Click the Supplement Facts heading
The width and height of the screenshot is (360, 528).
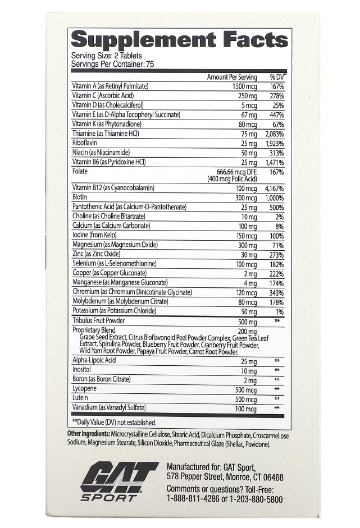tap(180, 40)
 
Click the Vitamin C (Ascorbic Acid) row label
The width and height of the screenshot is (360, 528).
tap(104, 96)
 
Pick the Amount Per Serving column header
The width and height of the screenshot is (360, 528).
tap(232, 77)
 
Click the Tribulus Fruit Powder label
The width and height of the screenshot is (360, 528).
tap(98, 321)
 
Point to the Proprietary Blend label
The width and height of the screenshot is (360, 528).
tap(94, 330)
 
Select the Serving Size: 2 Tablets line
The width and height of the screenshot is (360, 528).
tap(106, 56)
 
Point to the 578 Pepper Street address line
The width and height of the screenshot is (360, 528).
tap(225, 478)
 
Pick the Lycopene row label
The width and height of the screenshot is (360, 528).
tap(85, 389)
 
